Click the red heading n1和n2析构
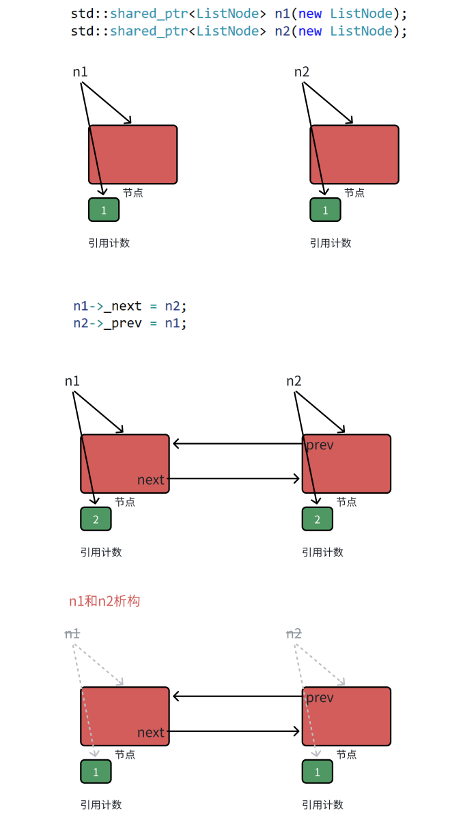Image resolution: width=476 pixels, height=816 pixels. pos(104,601)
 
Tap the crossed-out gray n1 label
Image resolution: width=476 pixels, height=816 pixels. pos(72,634)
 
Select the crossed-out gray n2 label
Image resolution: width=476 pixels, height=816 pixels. pos(294,634)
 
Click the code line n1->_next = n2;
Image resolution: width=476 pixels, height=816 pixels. pos(130,306)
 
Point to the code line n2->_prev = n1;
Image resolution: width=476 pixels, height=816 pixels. pos(130,323)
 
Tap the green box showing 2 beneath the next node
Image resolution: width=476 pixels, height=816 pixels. pos(96,520)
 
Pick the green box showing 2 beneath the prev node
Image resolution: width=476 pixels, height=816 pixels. pos(318,520)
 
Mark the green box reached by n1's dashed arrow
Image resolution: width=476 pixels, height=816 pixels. pos(96,772)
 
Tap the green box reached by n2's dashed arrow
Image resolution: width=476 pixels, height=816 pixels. pos(318,772)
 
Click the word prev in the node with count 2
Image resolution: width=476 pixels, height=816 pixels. pos(320,445)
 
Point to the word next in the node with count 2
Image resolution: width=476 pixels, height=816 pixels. pos(150,480)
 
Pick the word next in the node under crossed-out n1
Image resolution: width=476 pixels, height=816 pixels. pos(150,733)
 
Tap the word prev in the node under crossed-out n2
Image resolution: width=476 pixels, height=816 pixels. pos(320,698)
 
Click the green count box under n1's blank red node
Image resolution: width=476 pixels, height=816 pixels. pos(104,210)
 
